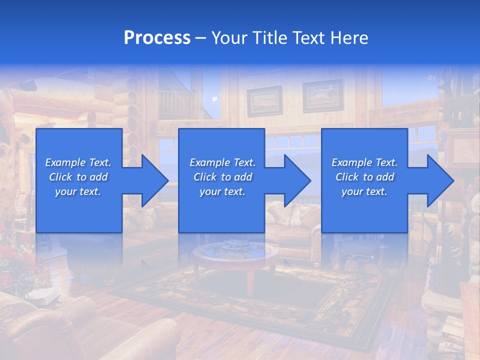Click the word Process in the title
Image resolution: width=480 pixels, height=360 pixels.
point(157,38)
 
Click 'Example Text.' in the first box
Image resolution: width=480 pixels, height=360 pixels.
point(78,162)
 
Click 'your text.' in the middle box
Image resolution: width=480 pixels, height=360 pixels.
point(222,191)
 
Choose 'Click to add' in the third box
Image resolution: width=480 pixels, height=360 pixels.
point(364,177)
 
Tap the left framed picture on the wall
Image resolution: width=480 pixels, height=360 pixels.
point(264,101)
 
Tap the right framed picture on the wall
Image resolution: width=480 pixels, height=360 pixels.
point(322,95)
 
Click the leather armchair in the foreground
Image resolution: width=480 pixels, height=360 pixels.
point(75,330)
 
